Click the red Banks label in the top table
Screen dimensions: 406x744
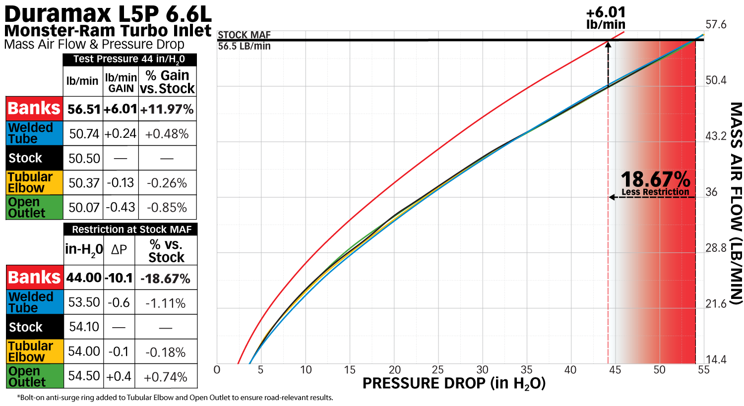(34, 108)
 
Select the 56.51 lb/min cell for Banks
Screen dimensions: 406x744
(83, 109)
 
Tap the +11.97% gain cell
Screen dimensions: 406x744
(167, 109)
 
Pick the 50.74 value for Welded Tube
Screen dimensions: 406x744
(84, 134)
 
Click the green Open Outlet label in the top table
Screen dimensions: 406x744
(34, 208)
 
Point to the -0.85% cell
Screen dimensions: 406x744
(167, 208)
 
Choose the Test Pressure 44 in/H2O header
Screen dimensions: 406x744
(129, 59)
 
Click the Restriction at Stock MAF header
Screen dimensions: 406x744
(131, 230)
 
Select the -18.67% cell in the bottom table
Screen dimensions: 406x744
(166, 279)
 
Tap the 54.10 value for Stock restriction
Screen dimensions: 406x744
(84, 327)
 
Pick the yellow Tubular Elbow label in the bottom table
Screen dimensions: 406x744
(34, 351)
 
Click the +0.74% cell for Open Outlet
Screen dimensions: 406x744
(166, 377)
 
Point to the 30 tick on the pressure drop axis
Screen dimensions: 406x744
(483, 370)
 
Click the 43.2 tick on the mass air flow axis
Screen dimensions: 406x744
(716, 136)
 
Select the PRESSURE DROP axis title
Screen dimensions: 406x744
(454, 384)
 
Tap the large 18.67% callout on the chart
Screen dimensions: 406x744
(655, 179)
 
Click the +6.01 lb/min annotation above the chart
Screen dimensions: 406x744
(606, 18)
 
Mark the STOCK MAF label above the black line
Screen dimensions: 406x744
(244, 35)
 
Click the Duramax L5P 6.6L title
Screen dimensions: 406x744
(108, 13)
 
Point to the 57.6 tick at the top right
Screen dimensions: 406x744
(716, 25)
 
